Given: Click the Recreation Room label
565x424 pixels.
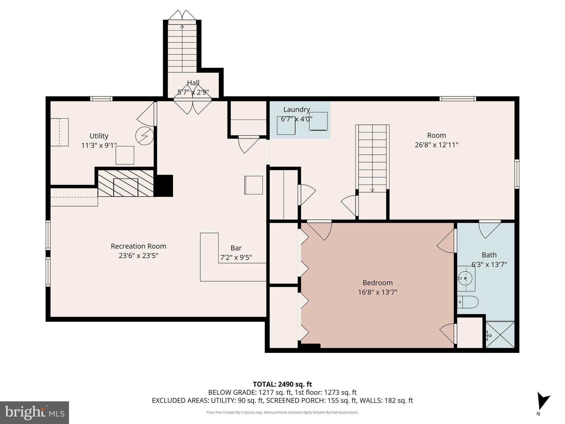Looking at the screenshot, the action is coord(138,246).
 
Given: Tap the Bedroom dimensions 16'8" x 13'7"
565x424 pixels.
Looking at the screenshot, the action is coord(377,292).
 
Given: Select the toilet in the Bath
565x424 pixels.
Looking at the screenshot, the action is coord(468,302).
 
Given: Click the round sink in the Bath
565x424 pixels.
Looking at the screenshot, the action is coord(465,278).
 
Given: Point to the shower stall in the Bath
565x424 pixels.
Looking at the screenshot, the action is coord(500,335).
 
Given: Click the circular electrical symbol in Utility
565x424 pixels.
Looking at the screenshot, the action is coord(145,136).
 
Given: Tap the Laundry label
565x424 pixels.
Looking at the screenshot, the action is coord(297,110).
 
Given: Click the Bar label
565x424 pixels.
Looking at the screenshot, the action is coord(236,248).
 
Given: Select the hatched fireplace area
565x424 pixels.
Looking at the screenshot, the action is coord(126,183).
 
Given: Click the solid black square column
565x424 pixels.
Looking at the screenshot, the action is coord(165,185).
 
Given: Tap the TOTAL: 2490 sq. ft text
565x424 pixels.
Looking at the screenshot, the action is coord(282,384).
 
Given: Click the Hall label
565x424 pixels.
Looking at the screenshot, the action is coord(193,83).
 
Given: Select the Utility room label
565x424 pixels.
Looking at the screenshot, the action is coord(99,136).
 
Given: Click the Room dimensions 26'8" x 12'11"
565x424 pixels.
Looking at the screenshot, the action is coord(436,145).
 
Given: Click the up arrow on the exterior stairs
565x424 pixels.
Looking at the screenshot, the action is coord(182,26).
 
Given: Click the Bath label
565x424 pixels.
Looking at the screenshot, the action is coord(489,255).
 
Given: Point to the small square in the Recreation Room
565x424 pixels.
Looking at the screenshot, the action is coord(254,185).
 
